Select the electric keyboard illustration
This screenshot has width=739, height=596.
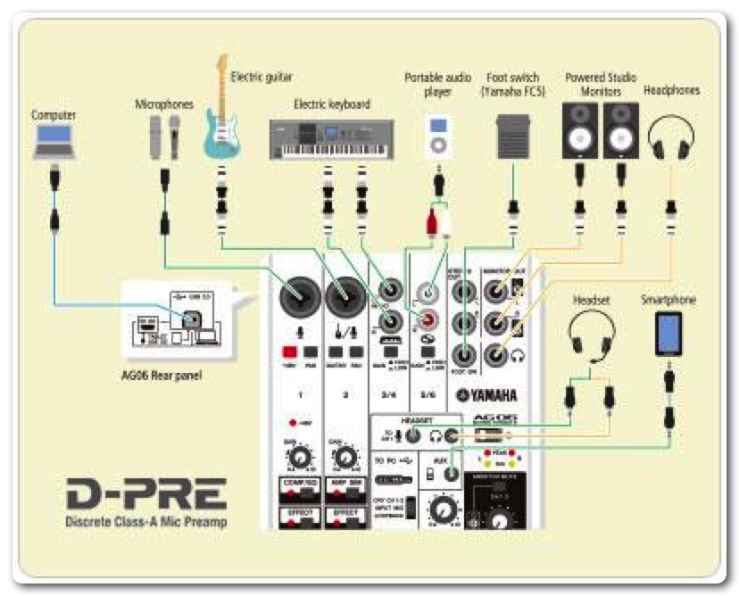(x=331, y=138)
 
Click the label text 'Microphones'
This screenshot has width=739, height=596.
(x=164, y=104)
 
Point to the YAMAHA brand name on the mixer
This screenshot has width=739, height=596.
(x=487, y=396)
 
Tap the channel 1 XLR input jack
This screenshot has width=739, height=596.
(x=301, y=294)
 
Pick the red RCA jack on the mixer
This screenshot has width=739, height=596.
(x=430, y=319)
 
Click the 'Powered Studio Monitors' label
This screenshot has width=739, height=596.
(x=601, y=84)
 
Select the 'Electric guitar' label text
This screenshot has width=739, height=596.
(x=261, y=78)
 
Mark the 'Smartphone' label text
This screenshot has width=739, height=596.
(x=668, y=301)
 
